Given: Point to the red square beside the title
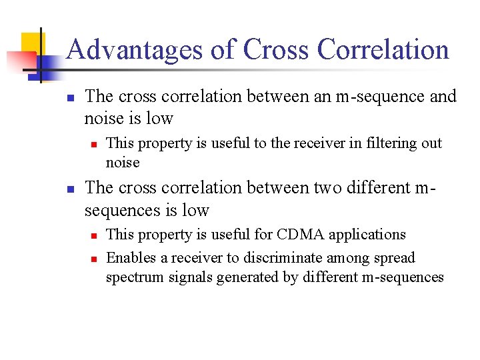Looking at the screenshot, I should [16, 59].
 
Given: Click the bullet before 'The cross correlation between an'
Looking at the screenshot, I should [69, 97].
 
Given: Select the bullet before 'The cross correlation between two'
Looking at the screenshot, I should [69, 189].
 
